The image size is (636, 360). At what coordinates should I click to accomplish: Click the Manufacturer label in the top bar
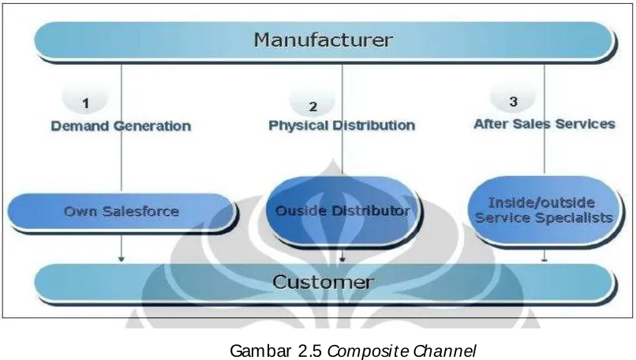coord(324,39)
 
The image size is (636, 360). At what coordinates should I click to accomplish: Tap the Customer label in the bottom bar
coord(323,282)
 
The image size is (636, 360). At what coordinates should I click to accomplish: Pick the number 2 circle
coord(312,103)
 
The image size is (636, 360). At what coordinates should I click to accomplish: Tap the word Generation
coord(152,126)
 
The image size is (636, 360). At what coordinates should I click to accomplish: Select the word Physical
coord(298,126)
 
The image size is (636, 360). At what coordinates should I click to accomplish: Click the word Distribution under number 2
coord(373,125)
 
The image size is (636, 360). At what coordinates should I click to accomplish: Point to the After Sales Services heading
coord(544,124)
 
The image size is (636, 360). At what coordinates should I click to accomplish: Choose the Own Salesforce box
coord(122,212)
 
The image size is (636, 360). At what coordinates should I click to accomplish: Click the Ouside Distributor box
coord(342,210)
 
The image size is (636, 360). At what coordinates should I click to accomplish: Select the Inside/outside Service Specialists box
coord(544,210)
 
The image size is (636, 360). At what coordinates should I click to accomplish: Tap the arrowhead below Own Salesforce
coord(122,258)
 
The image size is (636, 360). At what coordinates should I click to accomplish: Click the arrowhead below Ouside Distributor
coord(342,258)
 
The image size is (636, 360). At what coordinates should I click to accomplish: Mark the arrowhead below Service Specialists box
coord(544,259)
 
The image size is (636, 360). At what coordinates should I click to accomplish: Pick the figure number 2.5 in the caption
coord(311,351)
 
